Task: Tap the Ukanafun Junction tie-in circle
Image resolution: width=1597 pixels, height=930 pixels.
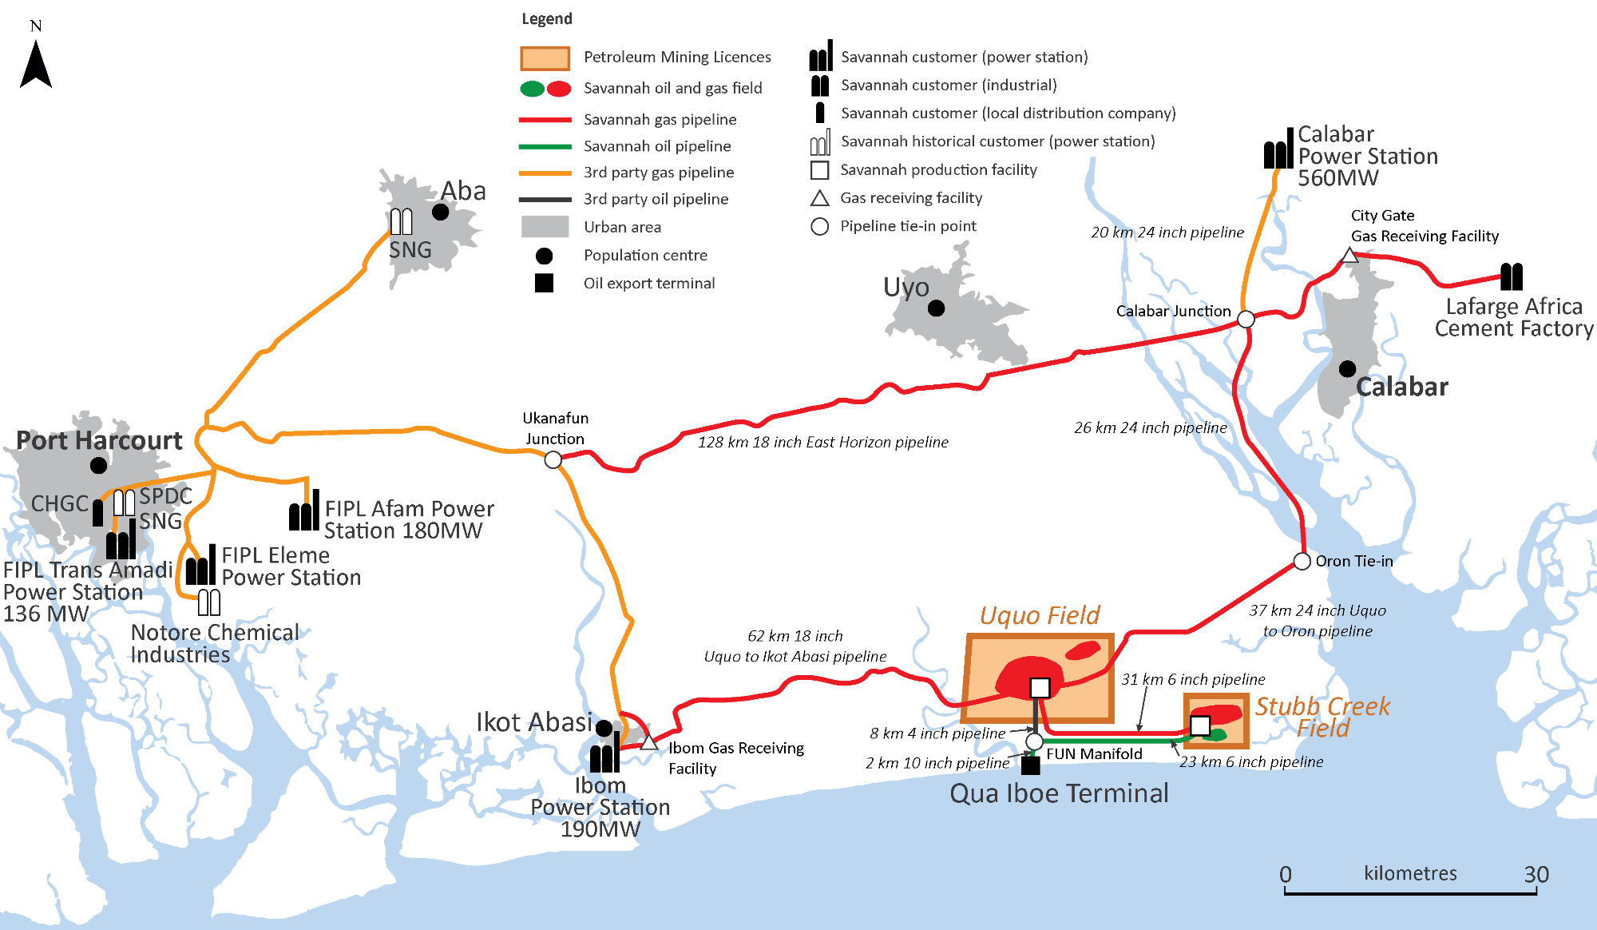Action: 553,459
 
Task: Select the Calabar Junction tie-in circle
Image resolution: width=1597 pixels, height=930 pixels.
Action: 1246,319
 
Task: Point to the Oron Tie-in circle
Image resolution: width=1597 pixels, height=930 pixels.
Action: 1302,561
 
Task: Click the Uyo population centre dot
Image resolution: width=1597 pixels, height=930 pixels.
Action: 937,308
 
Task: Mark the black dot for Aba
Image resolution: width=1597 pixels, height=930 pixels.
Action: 440,212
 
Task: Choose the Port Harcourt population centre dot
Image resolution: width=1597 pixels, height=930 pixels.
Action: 99,465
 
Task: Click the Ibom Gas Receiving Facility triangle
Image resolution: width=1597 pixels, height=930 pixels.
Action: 648,741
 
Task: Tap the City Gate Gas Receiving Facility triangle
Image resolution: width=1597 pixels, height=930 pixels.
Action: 1349,256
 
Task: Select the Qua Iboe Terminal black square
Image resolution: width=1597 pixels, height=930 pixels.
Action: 1031,765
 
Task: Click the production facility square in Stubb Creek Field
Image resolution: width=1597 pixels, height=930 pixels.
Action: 1200,725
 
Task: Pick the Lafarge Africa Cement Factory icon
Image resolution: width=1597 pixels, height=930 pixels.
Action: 1512,276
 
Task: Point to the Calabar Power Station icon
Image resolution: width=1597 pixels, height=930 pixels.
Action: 1278,148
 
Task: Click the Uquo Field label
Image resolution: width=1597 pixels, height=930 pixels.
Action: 1040,615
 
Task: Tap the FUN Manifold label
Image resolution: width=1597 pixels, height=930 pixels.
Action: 1094,753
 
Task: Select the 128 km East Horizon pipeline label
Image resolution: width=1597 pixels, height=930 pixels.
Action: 823,442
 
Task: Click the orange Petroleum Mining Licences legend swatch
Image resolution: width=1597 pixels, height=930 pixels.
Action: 545,58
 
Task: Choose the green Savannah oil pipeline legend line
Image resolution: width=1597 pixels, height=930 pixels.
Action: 545,146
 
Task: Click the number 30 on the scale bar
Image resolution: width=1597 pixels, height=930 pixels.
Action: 1536,874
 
